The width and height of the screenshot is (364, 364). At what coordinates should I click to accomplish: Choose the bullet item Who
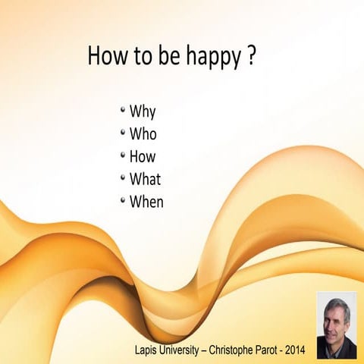pyautogui.click(x=143, y=135)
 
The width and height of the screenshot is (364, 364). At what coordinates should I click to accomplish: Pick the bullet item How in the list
pyautogui.click(x=143, y=157)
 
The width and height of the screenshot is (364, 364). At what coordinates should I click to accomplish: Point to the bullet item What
pyautogui.click(x=145, y=180)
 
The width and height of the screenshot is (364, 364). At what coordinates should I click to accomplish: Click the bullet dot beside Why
pyautogui.click(x=123, y=111)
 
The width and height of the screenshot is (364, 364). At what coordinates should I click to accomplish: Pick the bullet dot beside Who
pyautogui.click(x=123, y=133)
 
